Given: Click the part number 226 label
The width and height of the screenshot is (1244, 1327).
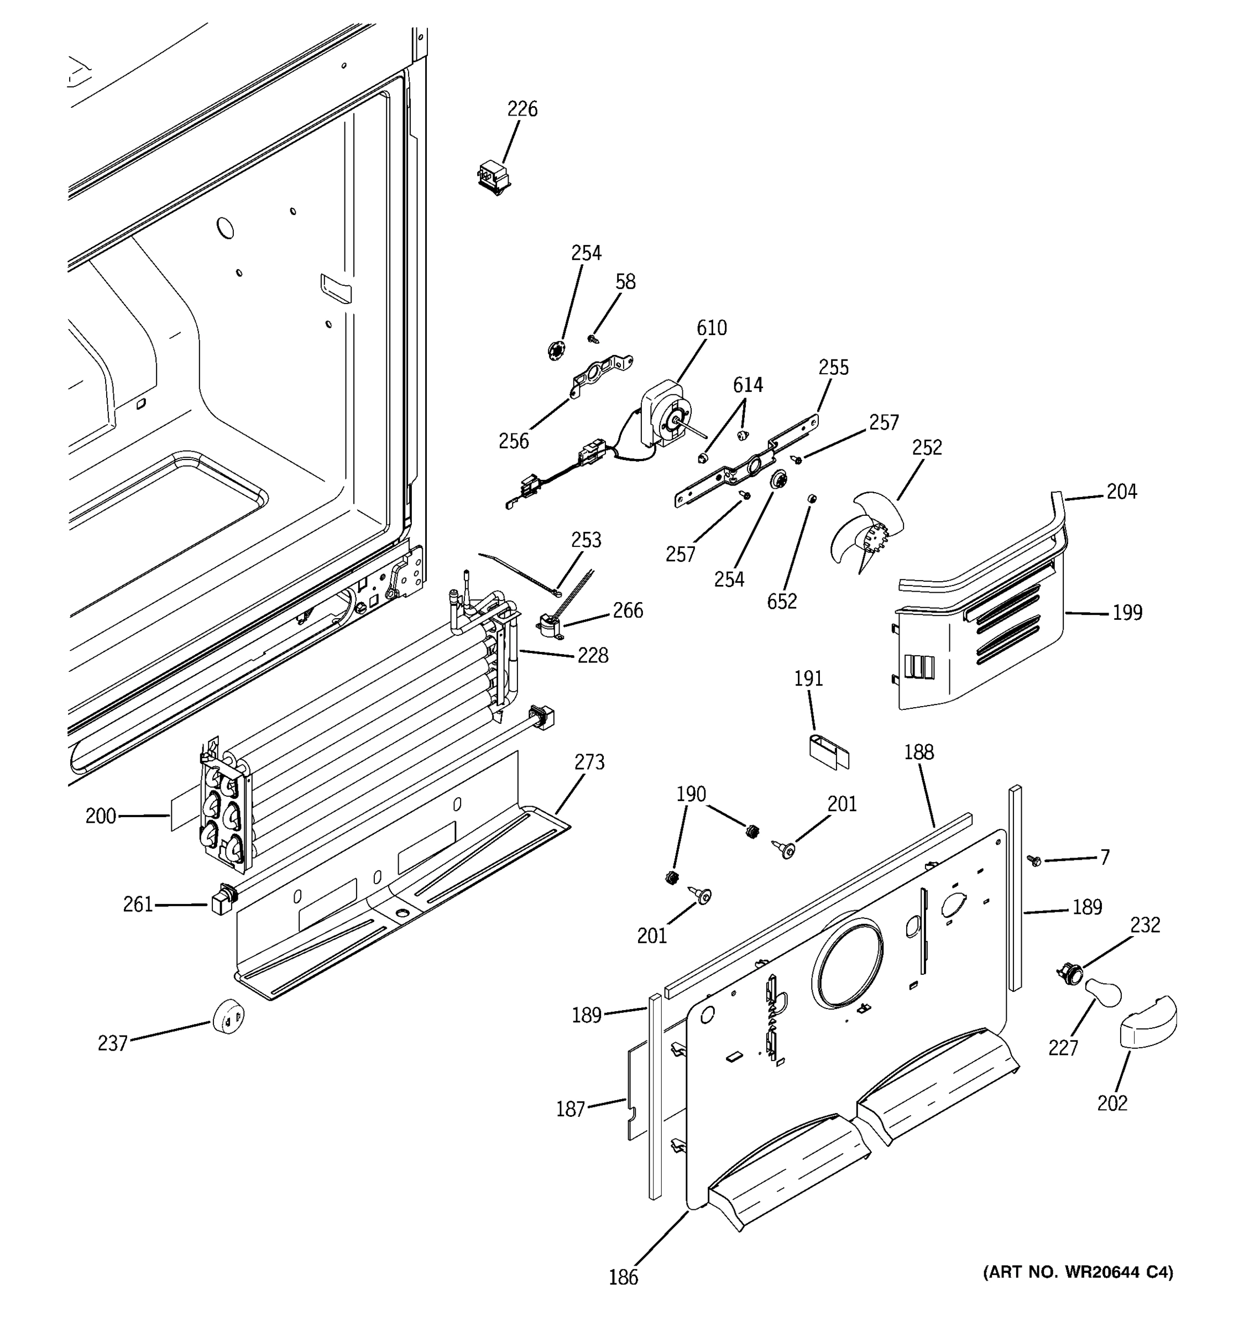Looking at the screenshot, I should tap(522, 109).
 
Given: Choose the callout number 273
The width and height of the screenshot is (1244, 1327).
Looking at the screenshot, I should tap(589, 761).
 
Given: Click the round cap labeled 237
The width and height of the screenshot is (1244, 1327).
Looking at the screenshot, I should tap(228, 1017).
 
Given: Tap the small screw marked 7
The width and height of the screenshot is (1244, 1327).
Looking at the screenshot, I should tap(1035, 861).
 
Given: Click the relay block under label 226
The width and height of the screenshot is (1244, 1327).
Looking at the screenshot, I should tap(494, 177).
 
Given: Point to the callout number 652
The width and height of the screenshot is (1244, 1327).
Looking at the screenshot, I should tap(781, 602).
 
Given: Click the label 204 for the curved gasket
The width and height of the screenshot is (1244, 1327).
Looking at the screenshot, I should tap(1121, 492).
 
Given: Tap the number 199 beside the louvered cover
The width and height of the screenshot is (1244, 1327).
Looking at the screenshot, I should tap(1127, 612).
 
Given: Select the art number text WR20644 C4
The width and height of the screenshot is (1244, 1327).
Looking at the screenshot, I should tap(1078, 1272).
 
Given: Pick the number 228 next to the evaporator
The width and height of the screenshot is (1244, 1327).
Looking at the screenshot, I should tap(593, 656).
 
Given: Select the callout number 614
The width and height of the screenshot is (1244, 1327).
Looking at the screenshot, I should tap(748, 385).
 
